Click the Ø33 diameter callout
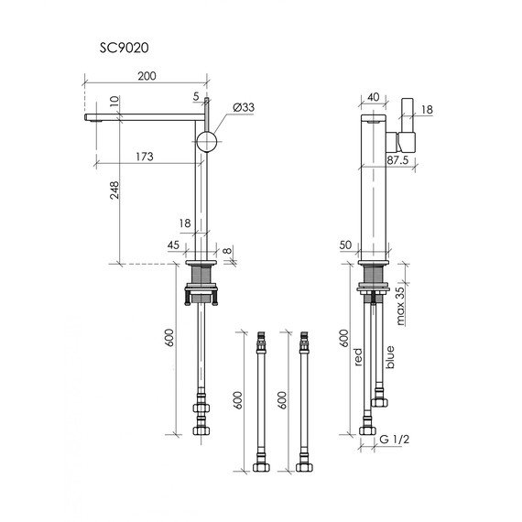(243, 108)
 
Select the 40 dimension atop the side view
(373, 95)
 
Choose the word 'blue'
(391, 355)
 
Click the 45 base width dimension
(174, 244)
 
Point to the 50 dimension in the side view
(345, 245)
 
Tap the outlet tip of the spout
(90, 117)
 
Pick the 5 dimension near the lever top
(197, 94)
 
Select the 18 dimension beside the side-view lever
(428, 110)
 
